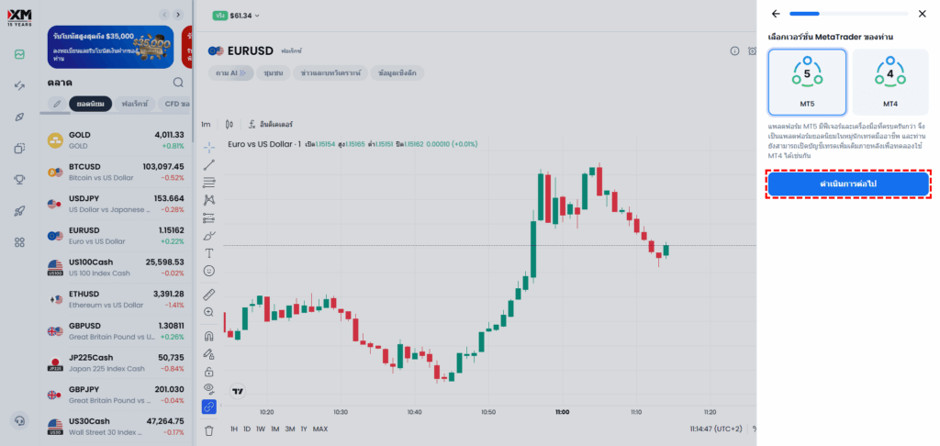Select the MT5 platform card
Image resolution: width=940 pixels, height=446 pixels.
point(807,82)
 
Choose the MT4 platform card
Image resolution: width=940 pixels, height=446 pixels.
point(890,82)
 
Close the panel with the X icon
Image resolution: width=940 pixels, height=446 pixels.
point(923,14)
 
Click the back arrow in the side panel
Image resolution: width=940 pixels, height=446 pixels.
point(776,14)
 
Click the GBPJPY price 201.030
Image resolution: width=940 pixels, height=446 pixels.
point(166,389)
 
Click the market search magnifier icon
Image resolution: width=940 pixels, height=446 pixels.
point(178,83)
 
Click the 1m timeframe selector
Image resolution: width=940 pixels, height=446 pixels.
point(206,124)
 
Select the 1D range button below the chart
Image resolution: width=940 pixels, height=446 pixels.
point(247,429)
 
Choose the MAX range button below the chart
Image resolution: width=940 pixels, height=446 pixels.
point(320,429)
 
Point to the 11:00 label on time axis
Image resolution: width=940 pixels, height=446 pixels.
point(562,412)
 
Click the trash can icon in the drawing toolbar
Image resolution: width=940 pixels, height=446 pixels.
point(208,429)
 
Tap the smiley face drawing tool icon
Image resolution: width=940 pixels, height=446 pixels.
point(209,271)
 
